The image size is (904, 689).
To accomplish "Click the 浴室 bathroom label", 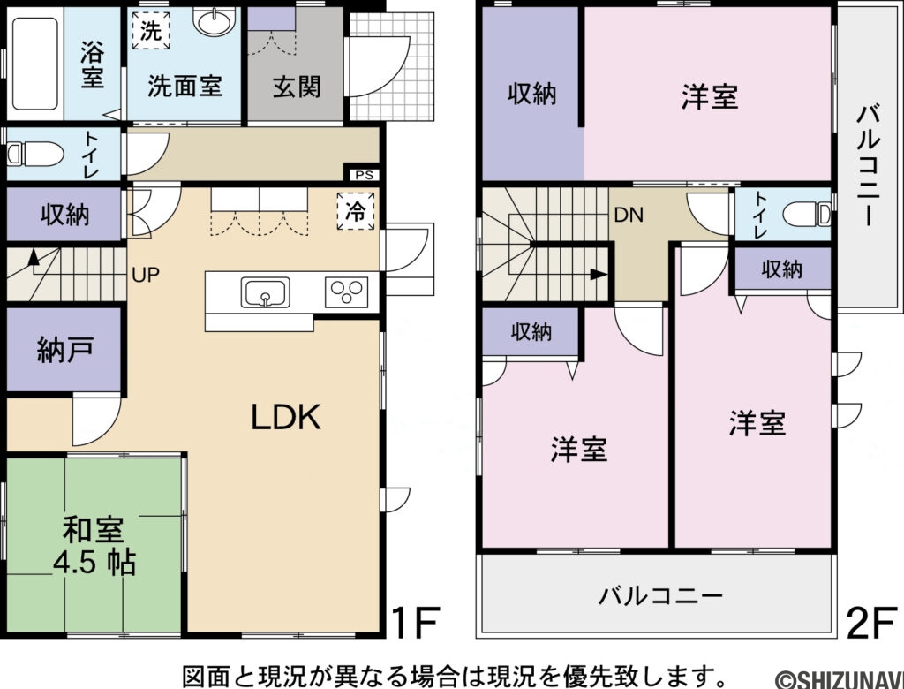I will (92, 64).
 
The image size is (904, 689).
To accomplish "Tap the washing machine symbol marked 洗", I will (152, 32).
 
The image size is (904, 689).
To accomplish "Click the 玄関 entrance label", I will (296, 87).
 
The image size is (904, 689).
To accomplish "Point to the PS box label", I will (364, 175).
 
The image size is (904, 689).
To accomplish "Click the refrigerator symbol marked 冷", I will (355, 211).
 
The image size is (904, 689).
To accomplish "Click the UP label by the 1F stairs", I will (146, 274).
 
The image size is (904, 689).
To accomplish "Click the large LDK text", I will (284, 417).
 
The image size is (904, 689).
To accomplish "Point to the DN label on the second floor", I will (628, 214).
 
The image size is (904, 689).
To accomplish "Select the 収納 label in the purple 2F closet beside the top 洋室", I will (531, 95).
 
